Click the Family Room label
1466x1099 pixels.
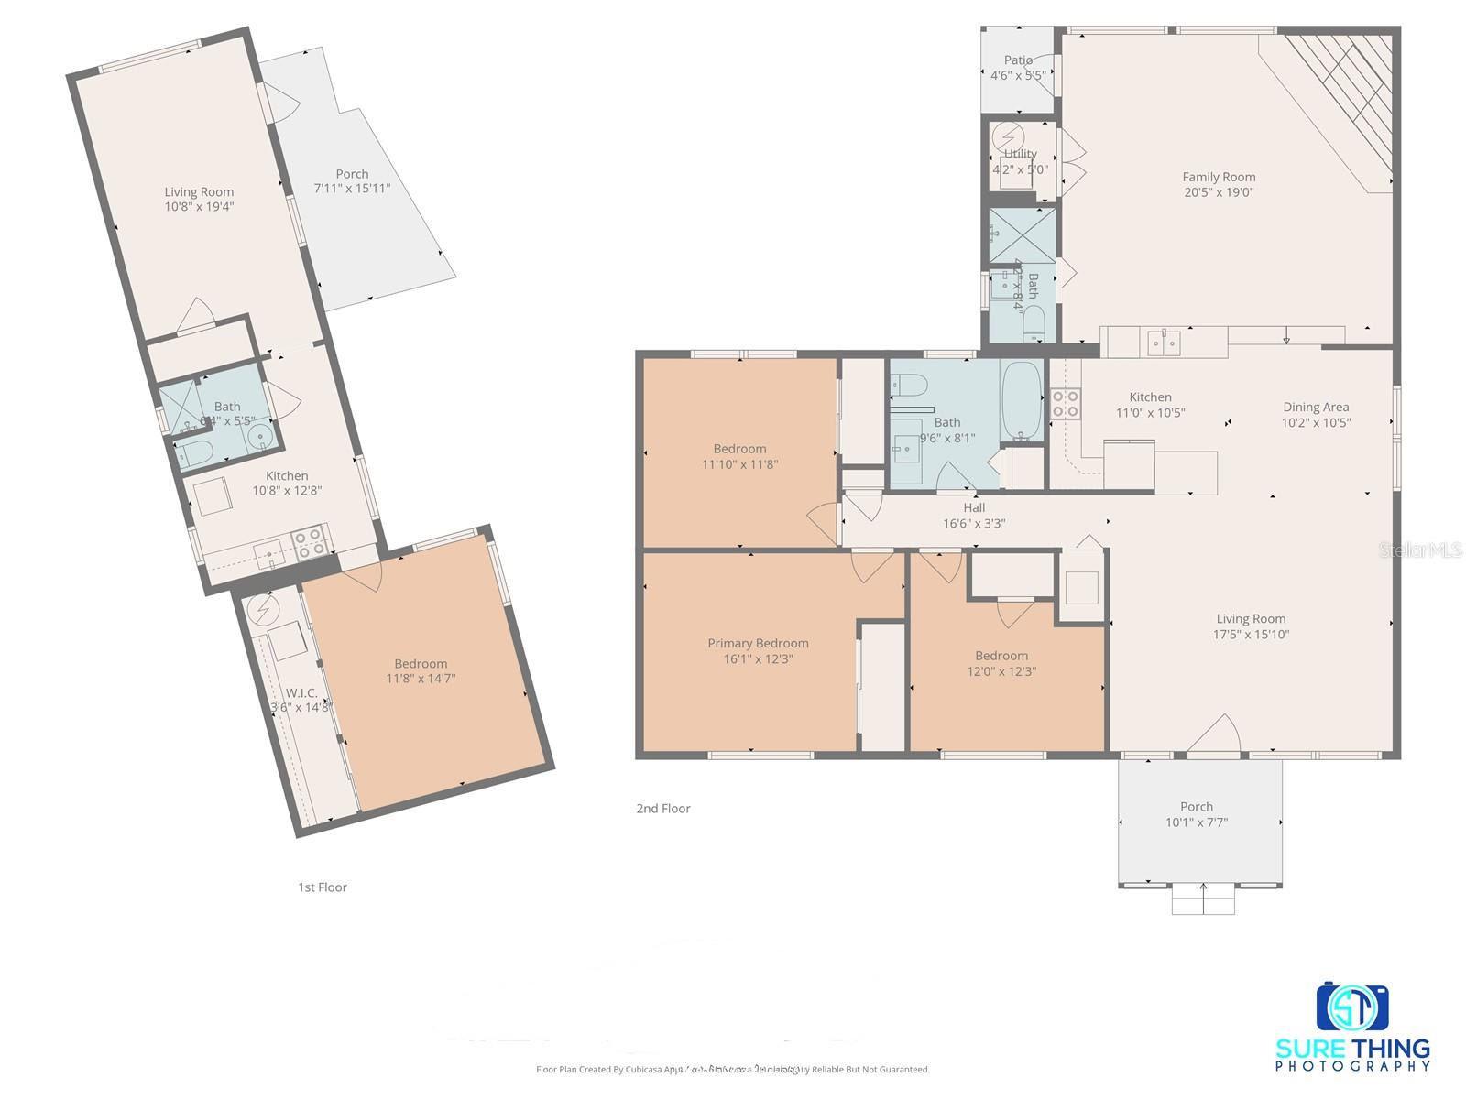point(1218,178)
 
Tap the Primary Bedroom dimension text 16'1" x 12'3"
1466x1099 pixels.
point(758,658)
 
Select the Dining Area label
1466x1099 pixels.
point(1315,408)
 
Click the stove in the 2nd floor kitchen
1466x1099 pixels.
point(1065,404)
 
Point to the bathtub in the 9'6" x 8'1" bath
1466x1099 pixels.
point(1021,400)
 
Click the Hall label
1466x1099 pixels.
point(974,507)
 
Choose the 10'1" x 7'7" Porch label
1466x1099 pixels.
point(1196,807)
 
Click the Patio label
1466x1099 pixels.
point(1018,60)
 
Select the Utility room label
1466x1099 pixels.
point(1020,154)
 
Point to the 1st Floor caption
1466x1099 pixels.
point(323,887)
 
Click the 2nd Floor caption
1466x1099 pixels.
point(663,808)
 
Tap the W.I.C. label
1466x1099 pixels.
point(301,692)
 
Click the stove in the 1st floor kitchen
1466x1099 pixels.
point(310,543)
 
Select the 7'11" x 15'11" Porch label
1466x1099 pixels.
point(352,174)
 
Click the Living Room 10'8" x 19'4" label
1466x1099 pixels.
point(199,191)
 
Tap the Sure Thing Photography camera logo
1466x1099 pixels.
point(1352,1007)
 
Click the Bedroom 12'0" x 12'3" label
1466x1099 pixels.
point(1001,656)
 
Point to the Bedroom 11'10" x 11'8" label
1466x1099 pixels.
point(739,449)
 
